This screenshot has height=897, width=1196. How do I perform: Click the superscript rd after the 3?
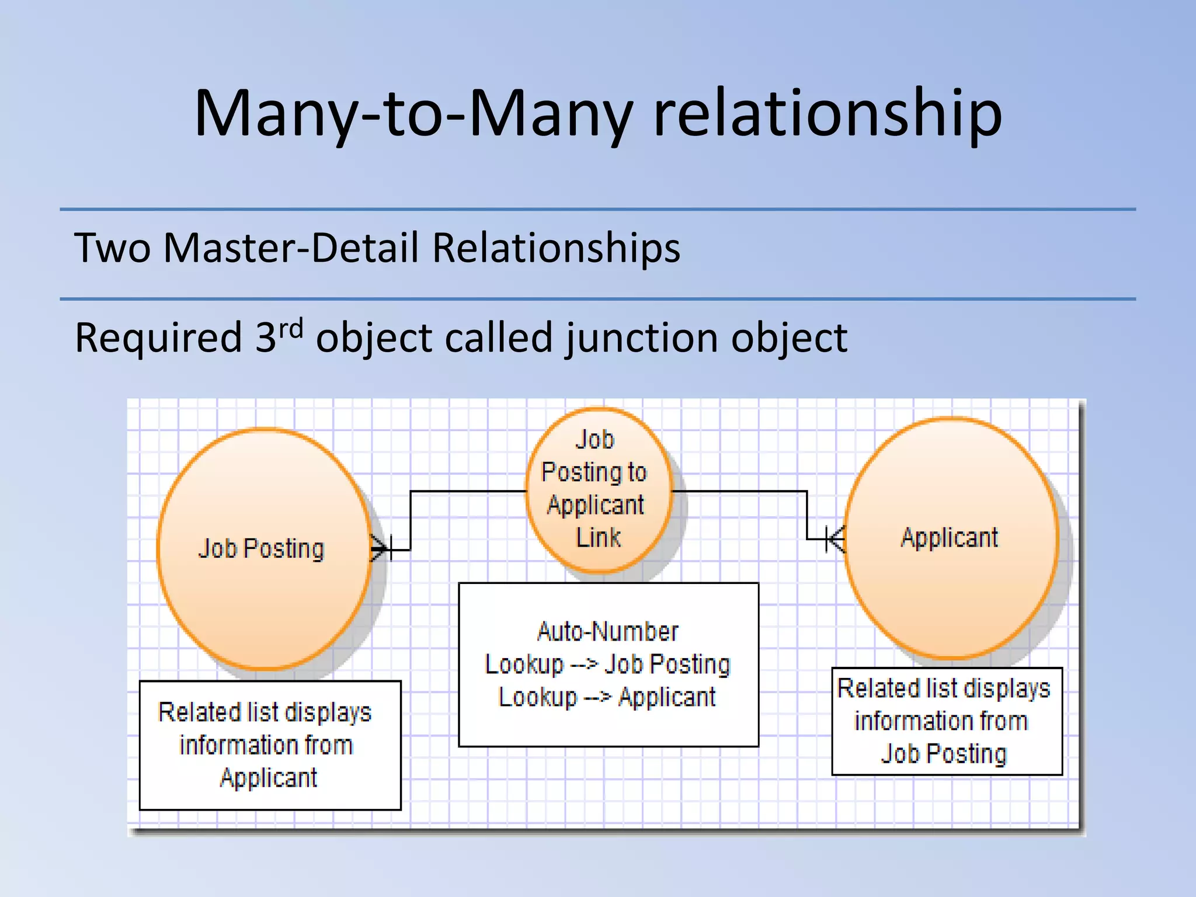(291, 328)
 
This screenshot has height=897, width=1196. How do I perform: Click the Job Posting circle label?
(261, 549)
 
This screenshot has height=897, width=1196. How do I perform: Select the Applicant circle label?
(950, 537)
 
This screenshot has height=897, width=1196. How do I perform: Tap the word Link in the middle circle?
(598, 537)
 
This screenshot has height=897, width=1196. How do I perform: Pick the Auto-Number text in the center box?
(608, 632)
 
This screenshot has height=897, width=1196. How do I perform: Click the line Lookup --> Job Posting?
(608, 665)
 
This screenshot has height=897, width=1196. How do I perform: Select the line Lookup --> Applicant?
(608, 697)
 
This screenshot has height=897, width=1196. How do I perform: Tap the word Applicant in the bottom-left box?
(269, 778)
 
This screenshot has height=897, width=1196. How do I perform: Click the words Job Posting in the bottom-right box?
(944, 753)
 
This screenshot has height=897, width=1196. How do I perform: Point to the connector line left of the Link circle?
(467, 492)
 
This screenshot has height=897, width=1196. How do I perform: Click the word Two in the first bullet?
(112, 248)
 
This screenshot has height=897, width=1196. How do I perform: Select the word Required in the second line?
(158, 339)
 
